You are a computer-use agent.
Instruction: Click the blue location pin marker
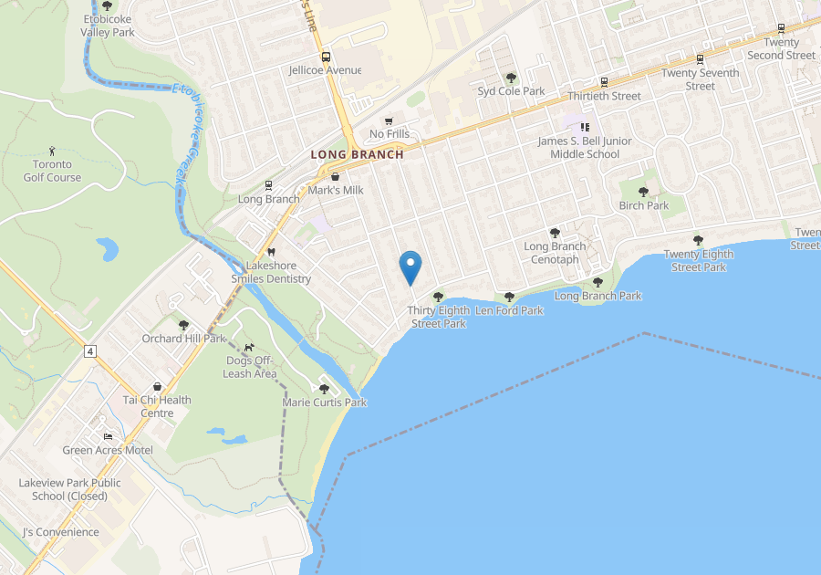point(411,267)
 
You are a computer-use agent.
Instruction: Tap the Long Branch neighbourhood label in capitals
point(357,154)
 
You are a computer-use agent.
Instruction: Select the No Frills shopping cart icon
point(389,120)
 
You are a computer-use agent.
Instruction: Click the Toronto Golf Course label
point(52,171)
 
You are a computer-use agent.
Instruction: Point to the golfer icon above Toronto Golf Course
point(52,151)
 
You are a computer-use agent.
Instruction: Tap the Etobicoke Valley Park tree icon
point(107,5)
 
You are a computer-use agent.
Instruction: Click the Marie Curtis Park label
point(324,402)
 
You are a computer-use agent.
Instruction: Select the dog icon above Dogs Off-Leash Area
point(249,347)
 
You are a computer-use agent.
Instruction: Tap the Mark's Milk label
point(336,190)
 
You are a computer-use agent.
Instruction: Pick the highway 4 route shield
point(90,350)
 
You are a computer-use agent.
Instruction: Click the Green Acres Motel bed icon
point(108,436)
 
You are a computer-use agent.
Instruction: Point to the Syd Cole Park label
point(511,91)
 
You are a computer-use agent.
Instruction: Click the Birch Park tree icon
point(644,192)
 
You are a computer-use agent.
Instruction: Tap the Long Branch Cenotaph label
point(555,253)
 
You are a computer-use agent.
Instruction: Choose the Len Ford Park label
point(509,310)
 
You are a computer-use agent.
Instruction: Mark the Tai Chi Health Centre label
point(157,406)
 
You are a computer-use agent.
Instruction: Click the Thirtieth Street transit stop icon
point(604,82)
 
